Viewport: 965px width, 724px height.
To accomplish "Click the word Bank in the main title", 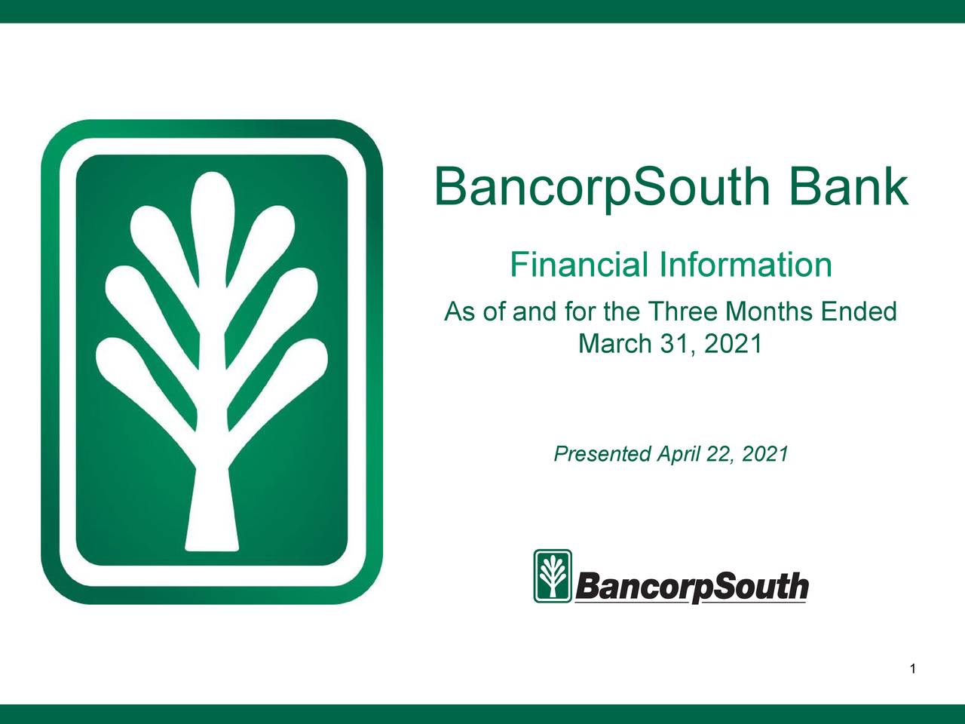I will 848,187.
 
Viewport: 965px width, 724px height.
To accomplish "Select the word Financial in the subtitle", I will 578,265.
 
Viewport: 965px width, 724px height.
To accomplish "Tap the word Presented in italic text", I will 602,454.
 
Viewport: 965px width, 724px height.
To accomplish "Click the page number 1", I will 912,669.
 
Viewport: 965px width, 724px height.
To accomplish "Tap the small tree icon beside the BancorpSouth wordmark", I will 553,576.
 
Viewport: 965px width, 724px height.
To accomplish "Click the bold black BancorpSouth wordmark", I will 691,587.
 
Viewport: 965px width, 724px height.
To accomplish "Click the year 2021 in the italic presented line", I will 764,454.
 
